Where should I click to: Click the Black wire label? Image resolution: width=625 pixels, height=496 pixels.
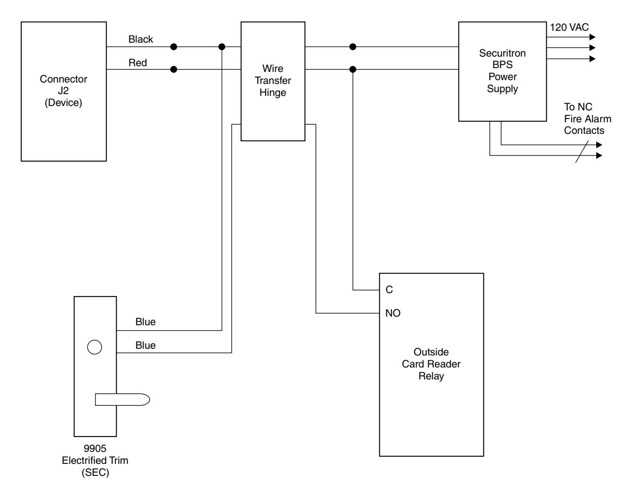click(x=141, y=39)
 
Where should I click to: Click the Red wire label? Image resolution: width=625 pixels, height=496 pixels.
click(x=138, y=63)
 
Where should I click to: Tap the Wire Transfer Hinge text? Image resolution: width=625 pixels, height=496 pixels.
click(x=273, y=81)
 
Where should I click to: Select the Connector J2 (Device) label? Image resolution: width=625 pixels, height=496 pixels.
click(x=63, y=91)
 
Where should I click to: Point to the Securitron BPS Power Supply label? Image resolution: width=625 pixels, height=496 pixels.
click(x=502, y=71)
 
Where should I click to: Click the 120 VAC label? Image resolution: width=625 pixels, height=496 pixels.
click(x=569, y=27)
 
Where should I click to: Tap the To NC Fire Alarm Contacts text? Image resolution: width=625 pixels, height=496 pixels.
click(x=588, y=118)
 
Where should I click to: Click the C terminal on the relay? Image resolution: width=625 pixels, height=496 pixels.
click(x=389, y=290)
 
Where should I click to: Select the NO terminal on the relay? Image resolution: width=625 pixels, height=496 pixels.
click(x=393, y=313)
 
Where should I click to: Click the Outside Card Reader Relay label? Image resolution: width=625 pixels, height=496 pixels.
click(x=431, y=364)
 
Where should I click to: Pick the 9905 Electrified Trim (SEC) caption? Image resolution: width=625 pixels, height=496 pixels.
click(x=95, y=461)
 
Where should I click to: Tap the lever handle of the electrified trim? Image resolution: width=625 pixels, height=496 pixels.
click(x=122, y=400)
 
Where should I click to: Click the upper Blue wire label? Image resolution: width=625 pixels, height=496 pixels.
click(x=145, y=322)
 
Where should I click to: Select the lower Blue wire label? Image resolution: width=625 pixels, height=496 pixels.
click(x=145, y=345)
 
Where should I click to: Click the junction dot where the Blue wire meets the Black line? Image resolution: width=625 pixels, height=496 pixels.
click(x=222, y=47)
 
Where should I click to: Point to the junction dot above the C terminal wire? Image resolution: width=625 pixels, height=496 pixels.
click(x=353, y=70)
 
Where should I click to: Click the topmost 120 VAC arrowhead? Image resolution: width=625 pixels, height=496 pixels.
click(x=592, y=37)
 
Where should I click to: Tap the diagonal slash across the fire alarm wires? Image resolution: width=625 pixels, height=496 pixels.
click(x=582, y=152)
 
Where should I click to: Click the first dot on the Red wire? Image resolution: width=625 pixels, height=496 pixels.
click(x=174, y=70)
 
